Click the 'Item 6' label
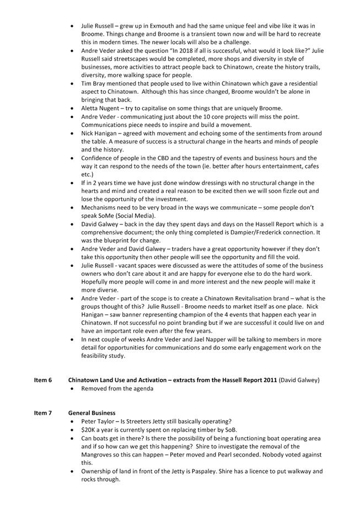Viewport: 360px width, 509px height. [x=43, y=380]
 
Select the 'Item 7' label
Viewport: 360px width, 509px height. [x=43, y=412]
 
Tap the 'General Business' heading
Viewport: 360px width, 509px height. [x=92, y=412]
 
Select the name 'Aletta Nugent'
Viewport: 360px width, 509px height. [x=103, y=108]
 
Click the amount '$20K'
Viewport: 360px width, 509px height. [x=89, y=430]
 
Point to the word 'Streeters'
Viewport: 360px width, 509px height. [x=149, y=421]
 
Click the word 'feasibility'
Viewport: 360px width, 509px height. [x=97, y=356]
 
